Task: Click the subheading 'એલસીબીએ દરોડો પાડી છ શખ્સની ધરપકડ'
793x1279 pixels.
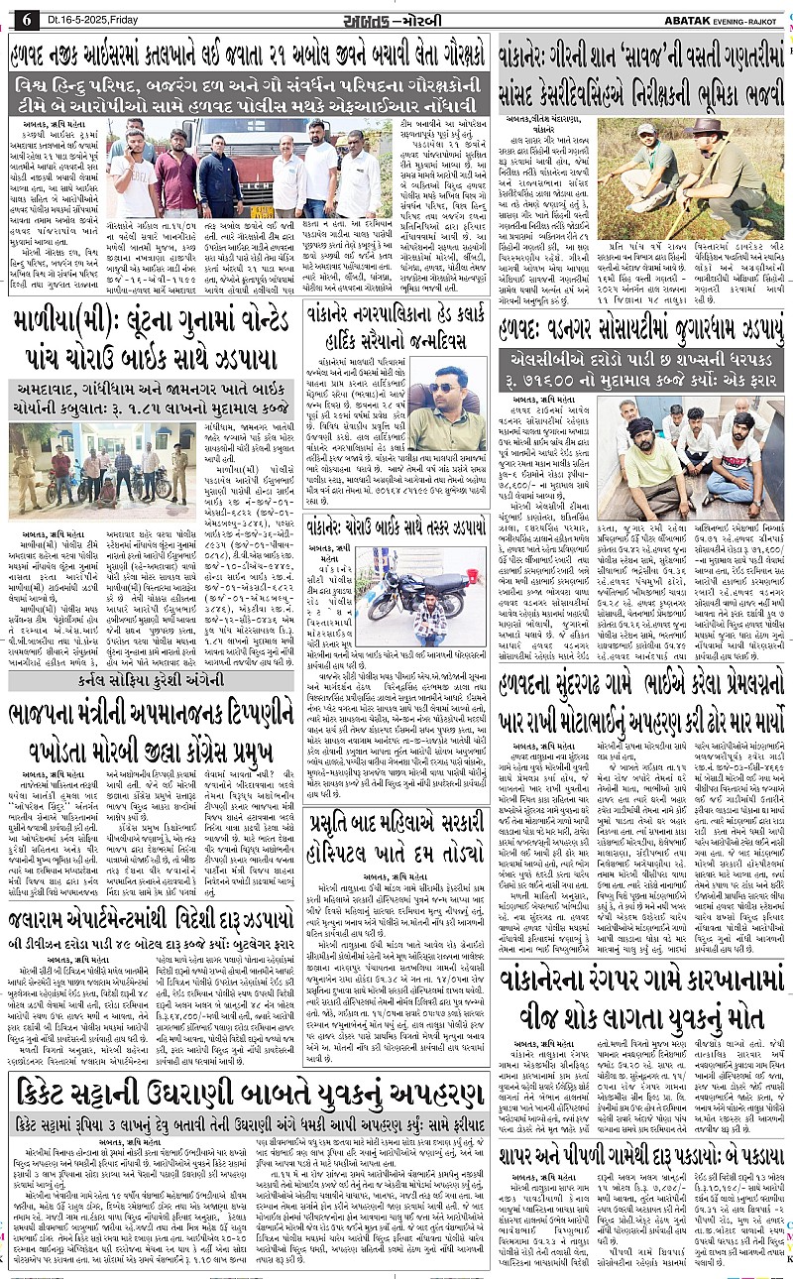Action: coord(640,358)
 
